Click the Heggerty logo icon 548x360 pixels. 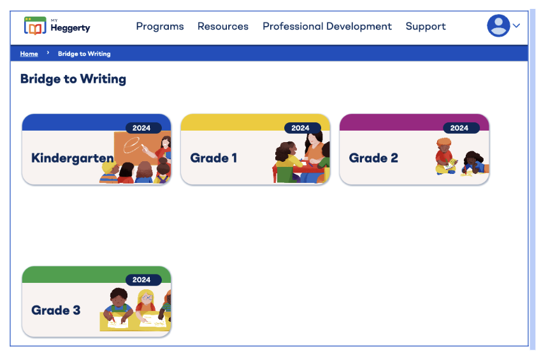click(x=35, y=26)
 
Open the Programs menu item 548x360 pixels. click(x=160, y=26)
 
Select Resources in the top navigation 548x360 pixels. click(x=223, y=26)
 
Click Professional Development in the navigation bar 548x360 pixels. click(x=327, y=26)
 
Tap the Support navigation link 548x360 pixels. click(x=426, y=26)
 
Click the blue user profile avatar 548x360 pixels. click(x=498, y=25)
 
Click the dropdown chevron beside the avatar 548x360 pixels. click(x=516, y=25)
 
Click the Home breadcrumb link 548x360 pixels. click(x=29, y=54)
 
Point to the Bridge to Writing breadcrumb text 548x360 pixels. click(x=84, y=54)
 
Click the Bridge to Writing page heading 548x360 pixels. click(x=73, y=79)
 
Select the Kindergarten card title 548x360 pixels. click(x=72, y=158)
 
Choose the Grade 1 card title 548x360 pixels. click(x=213, y=158)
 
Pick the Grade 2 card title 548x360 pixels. click(x=373, y=158)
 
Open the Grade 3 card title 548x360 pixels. click(x=55, y=310)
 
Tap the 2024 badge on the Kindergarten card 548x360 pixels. click(x=141, y=128)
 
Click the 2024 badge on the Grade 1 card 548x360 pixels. click(x=300, y=128)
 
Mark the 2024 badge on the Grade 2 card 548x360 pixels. click(x=459, y=128)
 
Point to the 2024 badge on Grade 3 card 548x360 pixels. click(x=141, y=280)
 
